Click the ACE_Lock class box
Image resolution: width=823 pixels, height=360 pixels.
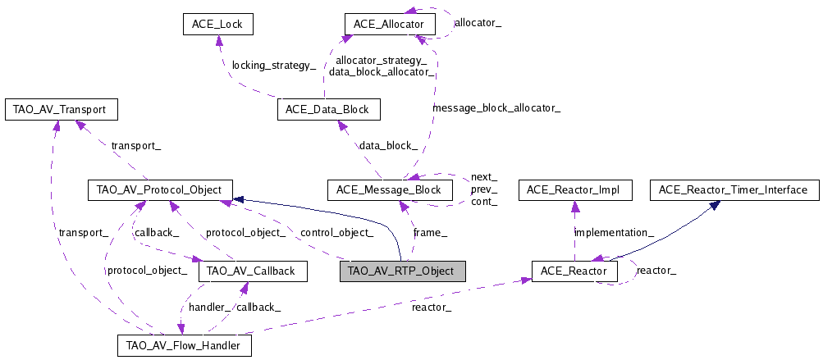point(217,25)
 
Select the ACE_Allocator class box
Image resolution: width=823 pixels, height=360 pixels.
point(388,25)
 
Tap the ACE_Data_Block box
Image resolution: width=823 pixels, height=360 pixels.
point(327,109)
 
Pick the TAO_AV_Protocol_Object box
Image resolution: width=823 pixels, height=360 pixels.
point(160,190)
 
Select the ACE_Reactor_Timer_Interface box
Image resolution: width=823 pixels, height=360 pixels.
point(734,190)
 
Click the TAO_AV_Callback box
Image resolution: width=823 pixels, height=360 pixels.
point(253,271)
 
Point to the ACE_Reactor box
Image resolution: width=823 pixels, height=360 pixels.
point(574,271)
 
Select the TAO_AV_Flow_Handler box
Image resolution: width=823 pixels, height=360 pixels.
point(184,345)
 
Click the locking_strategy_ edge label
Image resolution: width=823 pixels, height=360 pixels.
point(273,65)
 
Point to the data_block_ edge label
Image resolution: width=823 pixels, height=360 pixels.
point(388,145)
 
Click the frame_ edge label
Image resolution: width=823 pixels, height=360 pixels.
point(430,233)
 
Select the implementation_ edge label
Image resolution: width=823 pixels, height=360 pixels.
point(614,233)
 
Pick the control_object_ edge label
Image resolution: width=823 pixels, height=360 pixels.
point(337,233)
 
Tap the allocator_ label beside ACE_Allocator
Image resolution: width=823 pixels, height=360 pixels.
point(478,24)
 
